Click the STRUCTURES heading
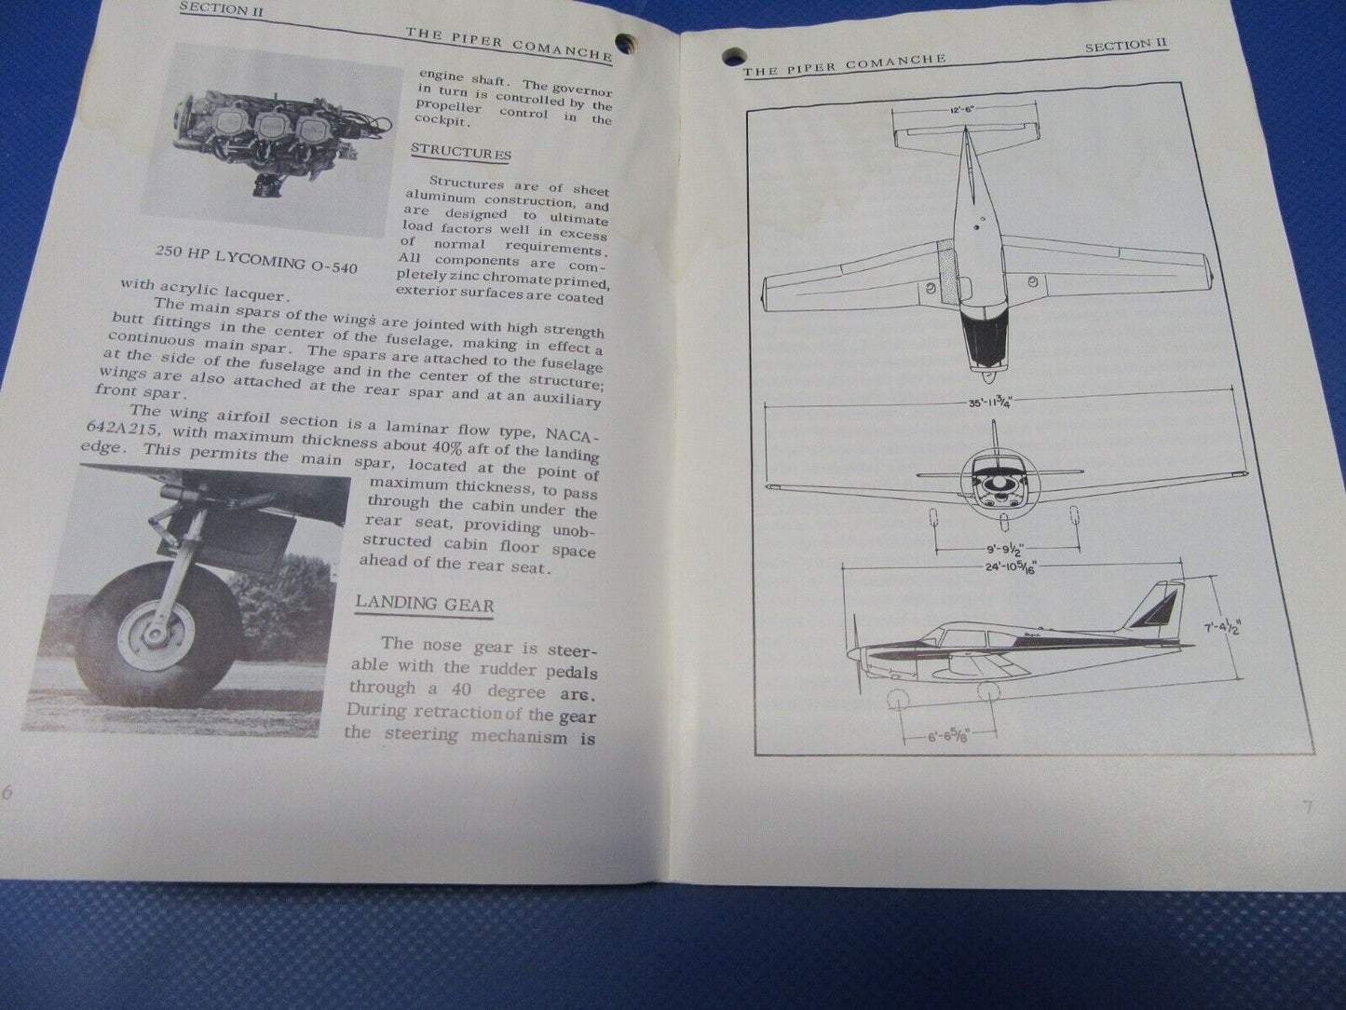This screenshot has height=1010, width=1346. [460, 152]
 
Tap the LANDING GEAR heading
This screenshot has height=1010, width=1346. [424, 603]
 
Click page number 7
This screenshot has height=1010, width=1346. [1307, 808]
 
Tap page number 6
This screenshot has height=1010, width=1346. [7, 792]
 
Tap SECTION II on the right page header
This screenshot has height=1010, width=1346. [1126, 45]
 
